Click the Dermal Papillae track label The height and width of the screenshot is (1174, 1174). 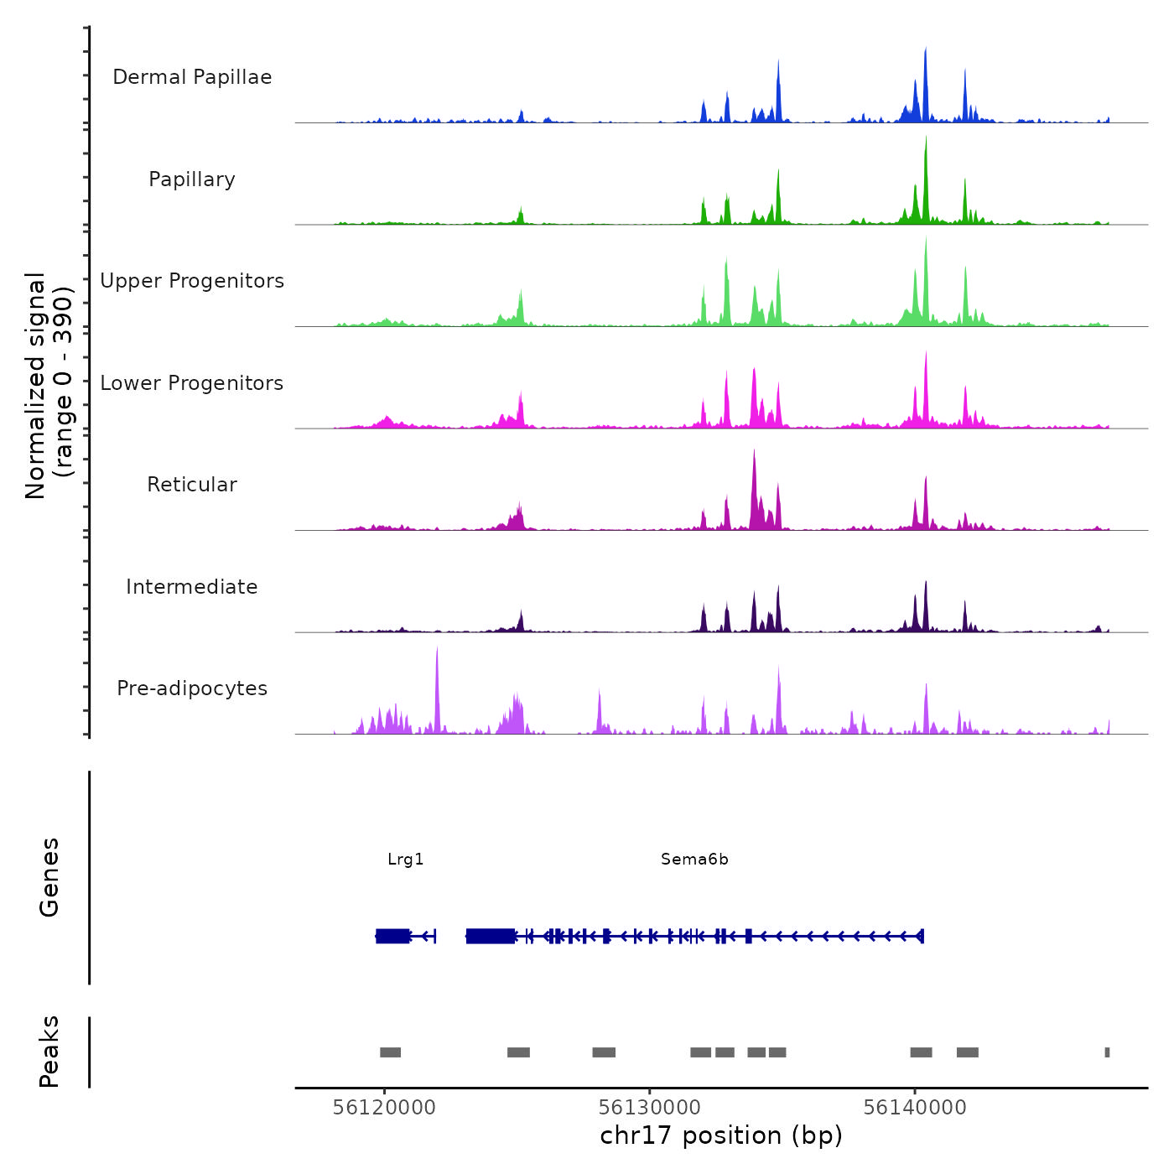pyautogui.click(x=192, y=77)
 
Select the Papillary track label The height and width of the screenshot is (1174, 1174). pyautogui.click(x=192, y=179)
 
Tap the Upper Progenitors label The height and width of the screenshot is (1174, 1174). pyautogui.click(x=192, y=281)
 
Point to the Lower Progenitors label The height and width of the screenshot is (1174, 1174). pyautogui.click(x=192, y=383)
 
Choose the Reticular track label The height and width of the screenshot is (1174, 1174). pyautogui.click(x=192, y=485)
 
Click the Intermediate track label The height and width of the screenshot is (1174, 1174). pyautogui.click(x=192, y=587)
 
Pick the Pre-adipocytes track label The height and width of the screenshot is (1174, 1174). pyautogui.click(x=192, y=688)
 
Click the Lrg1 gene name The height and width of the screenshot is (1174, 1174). pyautogui.click(x=406, y=860)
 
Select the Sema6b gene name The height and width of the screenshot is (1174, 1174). pyautogui.click(x=694, y=860)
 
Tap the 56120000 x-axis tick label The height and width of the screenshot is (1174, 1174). pyautogui.click(x=384, y=1108)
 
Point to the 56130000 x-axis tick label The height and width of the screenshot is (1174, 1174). pyautogui.click(x=650, y=1108)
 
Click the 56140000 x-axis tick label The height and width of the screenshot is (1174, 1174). pyautogui.click(x=915, y=1108)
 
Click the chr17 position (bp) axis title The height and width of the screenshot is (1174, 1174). pyautogui.click(x=721, y=1136)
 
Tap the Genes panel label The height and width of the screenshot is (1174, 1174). pyautogui.click(x=49, y=877)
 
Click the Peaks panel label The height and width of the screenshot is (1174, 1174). pyautogui.click(x=49, y=1052)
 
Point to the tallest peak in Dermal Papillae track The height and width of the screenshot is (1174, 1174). pyautogui.click(x=926, y=50)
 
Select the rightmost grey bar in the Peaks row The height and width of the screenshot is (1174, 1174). pyautogui.click(x=1107, y=1052)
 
